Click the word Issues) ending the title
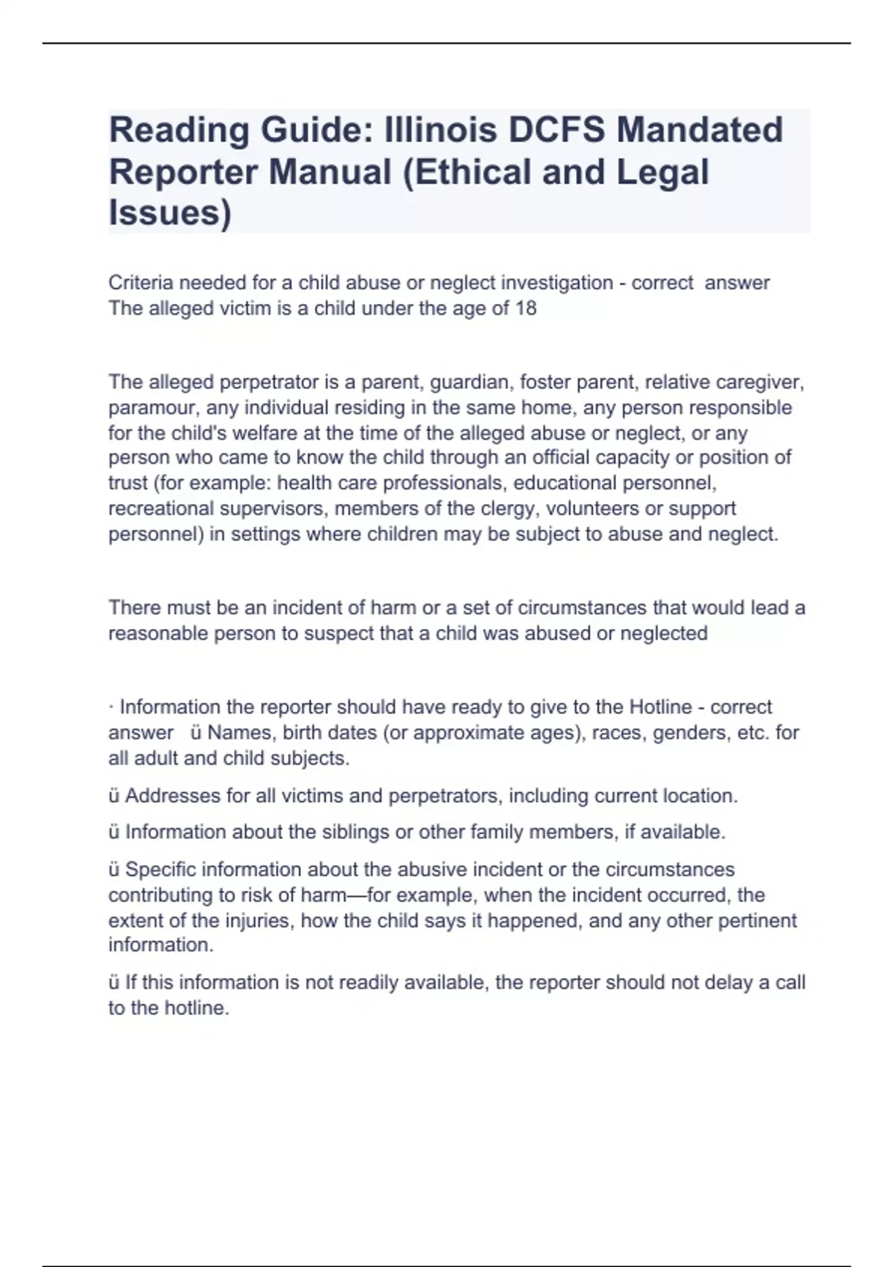click(x=170, y=212)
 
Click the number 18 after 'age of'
click(x=526, y=309)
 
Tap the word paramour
click(x=152, y=408)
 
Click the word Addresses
click(x=172, y=796)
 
